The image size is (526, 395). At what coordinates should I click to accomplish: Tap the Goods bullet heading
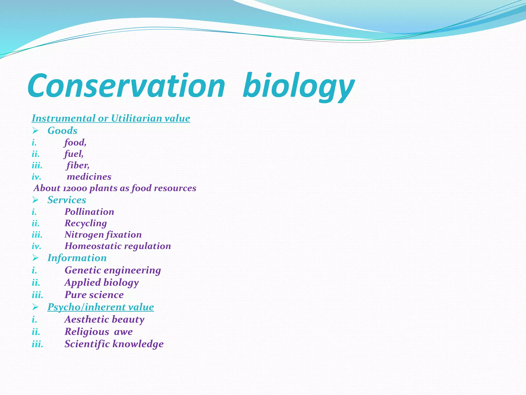coord(62,131)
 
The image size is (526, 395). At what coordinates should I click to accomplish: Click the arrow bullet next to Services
coord(35,200)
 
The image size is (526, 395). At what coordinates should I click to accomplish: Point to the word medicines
coord(89,177)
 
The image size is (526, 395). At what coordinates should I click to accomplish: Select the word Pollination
coord(89,212)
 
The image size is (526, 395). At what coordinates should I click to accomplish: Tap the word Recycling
coord(86,223)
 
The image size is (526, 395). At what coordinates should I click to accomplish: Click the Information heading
coord(77,258)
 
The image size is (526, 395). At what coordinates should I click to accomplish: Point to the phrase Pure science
coord(94,295)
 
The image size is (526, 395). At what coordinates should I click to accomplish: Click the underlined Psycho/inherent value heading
coord(101,307)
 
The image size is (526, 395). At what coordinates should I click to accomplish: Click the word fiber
coord(78,165)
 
